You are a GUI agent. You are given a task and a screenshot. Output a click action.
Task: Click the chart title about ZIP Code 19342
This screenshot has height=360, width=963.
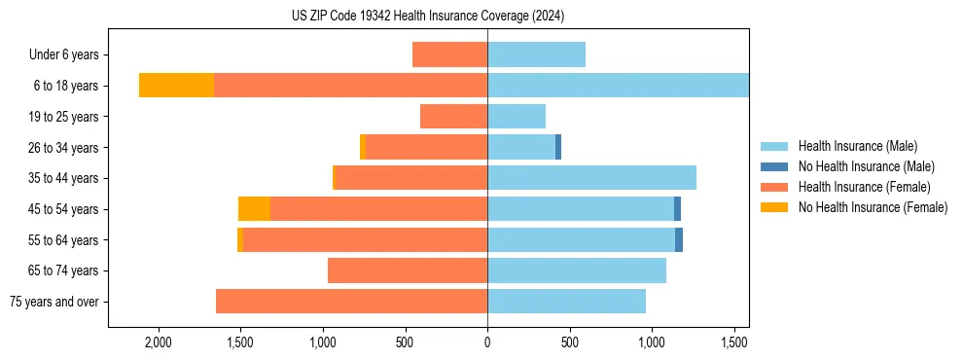click(427, 17)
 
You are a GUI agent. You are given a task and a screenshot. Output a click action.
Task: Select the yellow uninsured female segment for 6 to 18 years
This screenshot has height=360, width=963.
click(176, 86)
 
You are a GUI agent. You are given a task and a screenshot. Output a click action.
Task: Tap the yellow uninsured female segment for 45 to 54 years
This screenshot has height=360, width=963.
click(254, 209)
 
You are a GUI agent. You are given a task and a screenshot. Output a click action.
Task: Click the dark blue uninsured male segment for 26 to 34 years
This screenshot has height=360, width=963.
click(558, 147)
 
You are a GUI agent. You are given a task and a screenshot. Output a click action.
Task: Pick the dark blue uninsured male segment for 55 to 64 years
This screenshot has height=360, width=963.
click(679, 239)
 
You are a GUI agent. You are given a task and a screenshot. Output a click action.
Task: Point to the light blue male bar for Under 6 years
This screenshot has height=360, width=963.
click(536, 54)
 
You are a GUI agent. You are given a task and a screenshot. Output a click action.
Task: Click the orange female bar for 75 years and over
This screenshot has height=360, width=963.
click(351, 302)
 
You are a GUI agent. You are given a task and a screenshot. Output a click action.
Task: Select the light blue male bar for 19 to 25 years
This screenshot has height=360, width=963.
click(517, 117)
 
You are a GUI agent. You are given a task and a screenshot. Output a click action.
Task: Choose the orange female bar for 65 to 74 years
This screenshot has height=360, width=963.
click(408, 270)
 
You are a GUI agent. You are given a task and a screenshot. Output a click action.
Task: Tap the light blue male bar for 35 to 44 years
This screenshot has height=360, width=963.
click(591, 178)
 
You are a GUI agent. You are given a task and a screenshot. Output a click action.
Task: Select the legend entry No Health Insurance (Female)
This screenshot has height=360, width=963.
click(872, 207)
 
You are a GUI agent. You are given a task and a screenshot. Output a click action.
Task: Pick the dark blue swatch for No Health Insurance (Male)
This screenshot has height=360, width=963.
click(774, 166)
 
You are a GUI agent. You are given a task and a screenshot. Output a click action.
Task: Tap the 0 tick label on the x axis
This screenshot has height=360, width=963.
click(487, 342)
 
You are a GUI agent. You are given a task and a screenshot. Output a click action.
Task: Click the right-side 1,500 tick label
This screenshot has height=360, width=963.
click(733, 342)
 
